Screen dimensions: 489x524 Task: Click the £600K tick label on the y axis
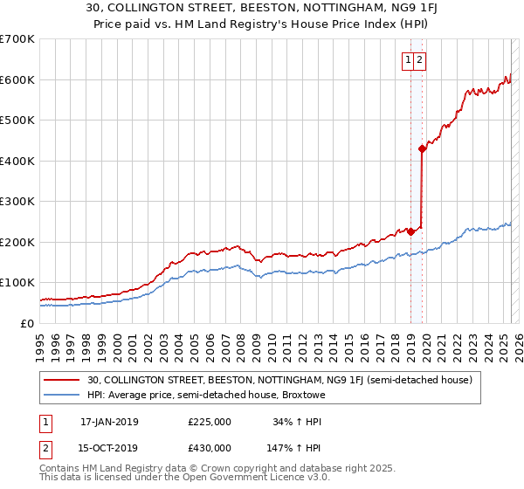pos(17,79)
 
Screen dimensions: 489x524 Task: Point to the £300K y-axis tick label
pos(17,202)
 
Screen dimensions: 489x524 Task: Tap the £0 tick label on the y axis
pos(28,323)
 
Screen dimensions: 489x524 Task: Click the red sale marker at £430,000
pos(422,148)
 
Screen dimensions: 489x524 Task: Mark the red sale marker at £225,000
pos(410,231)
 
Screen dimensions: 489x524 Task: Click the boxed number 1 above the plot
pos(408,59)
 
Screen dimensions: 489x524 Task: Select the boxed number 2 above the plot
pos(419,59)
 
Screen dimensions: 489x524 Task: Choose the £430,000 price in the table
pos(210,448)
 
